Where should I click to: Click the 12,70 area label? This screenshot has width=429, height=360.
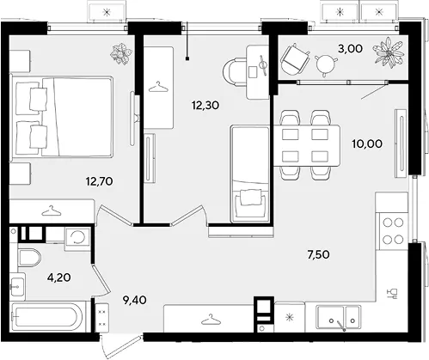[x=99, y=181]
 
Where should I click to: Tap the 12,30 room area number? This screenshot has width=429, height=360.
[x=205, y=106]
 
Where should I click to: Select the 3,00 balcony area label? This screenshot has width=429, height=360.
[x=350, y=49]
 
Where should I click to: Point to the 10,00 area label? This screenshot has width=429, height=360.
[x=367, y=143]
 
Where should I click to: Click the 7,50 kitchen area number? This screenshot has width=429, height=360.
[x=318, y=254]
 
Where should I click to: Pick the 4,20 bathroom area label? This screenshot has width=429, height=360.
[x=59, y=278]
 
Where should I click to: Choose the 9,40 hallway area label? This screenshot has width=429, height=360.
[x=134, y=300]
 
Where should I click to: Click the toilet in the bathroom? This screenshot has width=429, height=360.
[x=29, y=258]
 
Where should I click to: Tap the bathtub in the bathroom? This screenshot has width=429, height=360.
[x=46, y=316]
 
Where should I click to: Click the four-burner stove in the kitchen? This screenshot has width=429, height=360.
[x=393, y=231]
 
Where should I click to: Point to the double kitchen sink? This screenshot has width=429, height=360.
[x=338, y=318]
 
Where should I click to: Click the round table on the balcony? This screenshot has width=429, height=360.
[x=326, y=64]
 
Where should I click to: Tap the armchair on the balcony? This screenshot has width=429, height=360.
[x=295, y=59]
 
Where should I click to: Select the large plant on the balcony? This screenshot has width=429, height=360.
[x=389, y=53]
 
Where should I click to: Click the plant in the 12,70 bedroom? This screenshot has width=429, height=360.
[x=121, y=54]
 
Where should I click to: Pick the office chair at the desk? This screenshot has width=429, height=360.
[x=234, y=71]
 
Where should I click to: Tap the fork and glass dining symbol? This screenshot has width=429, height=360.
[x=392, y=294]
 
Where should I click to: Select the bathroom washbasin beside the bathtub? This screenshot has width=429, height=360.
[x=18, y=286]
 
